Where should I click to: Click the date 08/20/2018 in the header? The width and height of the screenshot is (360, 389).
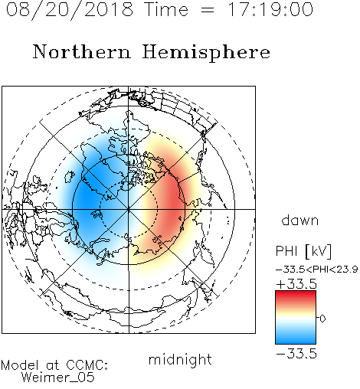click(x=70, y=10)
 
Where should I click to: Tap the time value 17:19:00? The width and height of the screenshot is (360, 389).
click(x=270, y=9)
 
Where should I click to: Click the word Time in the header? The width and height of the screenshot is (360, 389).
click(x=166, y=9)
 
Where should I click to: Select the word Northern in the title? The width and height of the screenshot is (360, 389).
click(x=82, y=51)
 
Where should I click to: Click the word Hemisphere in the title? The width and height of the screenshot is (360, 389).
click(x=206, y=53)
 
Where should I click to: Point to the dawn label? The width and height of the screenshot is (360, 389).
click(x=300, y=220)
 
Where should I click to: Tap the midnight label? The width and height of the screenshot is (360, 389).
click(x=180, y=359)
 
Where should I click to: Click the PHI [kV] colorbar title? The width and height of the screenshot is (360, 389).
click(x=303, y=251)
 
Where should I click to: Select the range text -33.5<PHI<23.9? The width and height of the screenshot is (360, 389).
click(x=316, y=270)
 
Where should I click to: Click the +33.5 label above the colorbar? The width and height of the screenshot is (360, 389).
click(x=296, y=284)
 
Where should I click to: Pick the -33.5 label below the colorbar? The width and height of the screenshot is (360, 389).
click(x=296, y=354)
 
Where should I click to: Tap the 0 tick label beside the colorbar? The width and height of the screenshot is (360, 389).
click(x=322, y=319)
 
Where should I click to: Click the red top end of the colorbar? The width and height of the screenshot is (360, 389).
click(x=296, y=293)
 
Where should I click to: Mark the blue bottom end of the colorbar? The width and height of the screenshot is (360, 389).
click(x=296, y=342)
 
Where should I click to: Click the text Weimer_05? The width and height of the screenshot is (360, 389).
click(x=58, y=378)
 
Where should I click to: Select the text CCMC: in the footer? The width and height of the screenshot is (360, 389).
click(x=87, y=365)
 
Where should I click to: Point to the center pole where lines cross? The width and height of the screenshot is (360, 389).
click(x=129, y=209)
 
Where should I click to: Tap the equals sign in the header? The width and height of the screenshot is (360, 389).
click(x=208, y=10)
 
